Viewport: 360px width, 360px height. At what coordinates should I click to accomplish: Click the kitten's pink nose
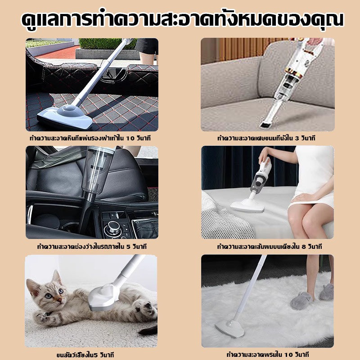tap(59, 300)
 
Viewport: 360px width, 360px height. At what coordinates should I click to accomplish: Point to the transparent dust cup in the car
tap(98, 171)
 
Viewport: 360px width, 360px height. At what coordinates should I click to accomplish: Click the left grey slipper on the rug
tap(301, 301)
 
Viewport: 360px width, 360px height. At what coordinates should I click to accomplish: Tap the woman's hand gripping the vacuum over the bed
tap(264, 156)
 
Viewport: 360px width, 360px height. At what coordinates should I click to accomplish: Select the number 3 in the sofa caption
tap(297, 138)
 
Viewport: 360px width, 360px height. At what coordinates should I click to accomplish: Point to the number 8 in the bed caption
tap(304, 247)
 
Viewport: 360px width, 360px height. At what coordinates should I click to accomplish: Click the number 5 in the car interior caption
tap(128, 247)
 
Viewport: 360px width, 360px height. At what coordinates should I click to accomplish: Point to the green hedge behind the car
tap(108, 43)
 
